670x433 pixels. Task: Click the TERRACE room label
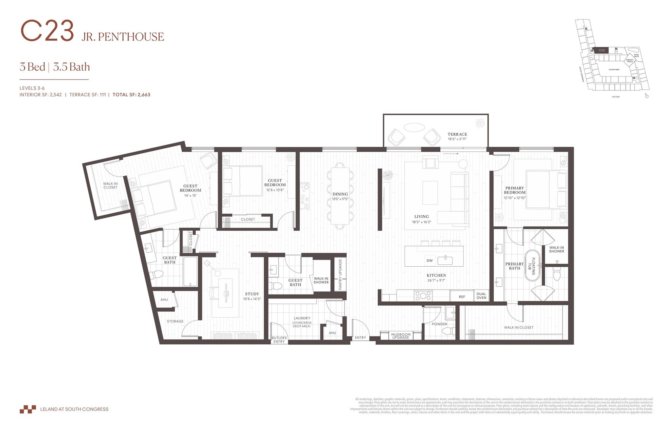pos(457,134)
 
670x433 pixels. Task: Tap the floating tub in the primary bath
pos(533,266)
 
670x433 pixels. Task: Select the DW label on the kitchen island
pos(430,260)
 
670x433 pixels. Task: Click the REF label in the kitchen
pos(462,297)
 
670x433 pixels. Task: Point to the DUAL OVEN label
pos(481,296)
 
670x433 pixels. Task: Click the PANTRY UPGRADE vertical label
pos(340,274)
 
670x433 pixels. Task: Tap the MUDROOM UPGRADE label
pos(400,336)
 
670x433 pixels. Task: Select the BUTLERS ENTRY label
pos(279,340)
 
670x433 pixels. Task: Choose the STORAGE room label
pos(175,321)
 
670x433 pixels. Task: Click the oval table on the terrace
pos(414,127)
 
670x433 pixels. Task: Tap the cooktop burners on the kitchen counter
pos(423,296)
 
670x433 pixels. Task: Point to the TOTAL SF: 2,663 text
pos(131,95)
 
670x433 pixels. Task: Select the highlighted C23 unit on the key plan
pos(601,50)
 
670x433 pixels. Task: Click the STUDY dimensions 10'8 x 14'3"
pos(252,299)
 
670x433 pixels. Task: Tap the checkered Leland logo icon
pos(27,409)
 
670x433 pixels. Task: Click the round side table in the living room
pos(463,164)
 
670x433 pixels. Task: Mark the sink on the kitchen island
pos(445,260)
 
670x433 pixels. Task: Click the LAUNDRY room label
pos(302,318)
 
